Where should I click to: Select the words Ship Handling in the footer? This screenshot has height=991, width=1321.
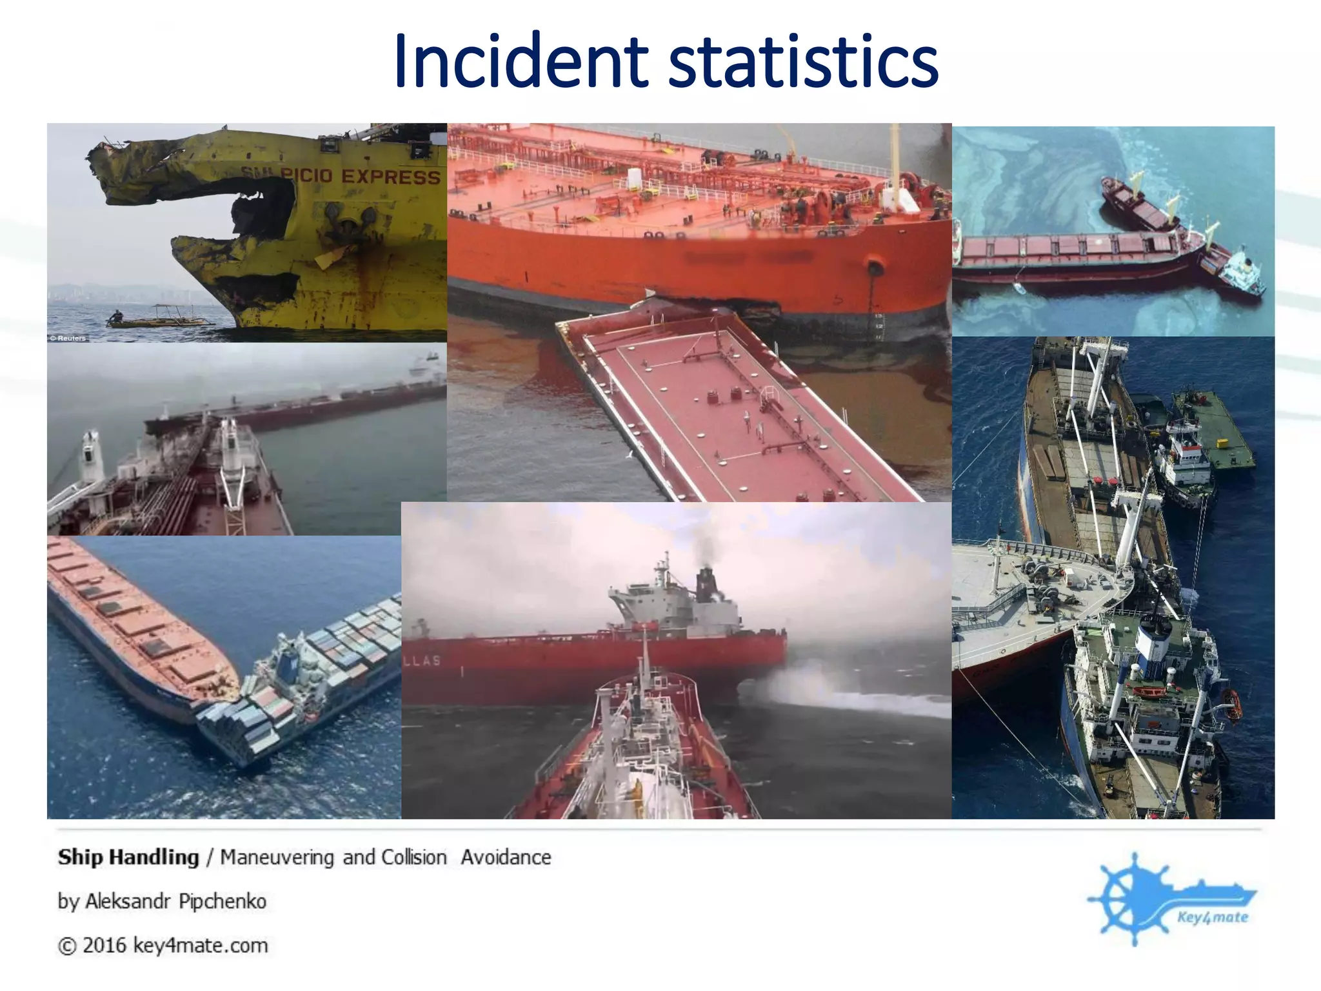click(x=128, y=857)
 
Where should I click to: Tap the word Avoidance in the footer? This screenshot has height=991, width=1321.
click(x=506, y=857)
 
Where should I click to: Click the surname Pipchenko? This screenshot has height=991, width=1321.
click(x=223, y=901)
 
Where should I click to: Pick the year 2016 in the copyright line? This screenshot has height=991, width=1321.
click(x=104, y=945)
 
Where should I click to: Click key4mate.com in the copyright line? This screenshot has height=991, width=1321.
click(x=200, y=945)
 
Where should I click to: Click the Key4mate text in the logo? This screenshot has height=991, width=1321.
click(x=1213, y=917)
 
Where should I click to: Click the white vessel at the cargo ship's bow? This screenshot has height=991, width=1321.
click(x=1242, y=271)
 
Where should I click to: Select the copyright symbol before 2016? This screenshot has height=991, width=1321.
click(x=66, y=946)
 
